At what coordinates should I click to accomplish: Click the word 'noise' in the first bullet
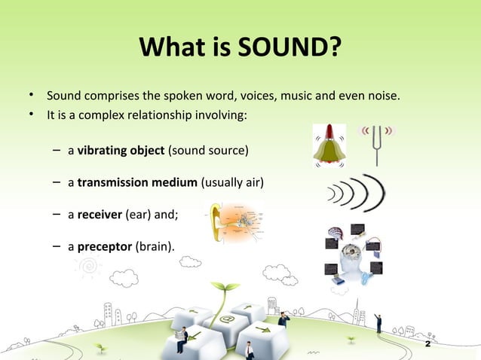[x=383, y=96]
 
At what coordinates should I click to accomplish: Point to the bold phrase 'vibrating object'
[x=121, y=151]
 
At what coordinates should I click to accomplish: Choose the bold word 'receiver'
[x=100, y=214]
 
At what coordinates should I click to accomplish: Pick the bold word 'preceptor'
[x=105, y=246]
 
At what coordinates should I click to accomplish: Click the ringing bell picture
[x=329, y=145]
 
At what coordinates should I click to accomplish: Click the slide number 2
[x=427, y=343]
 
